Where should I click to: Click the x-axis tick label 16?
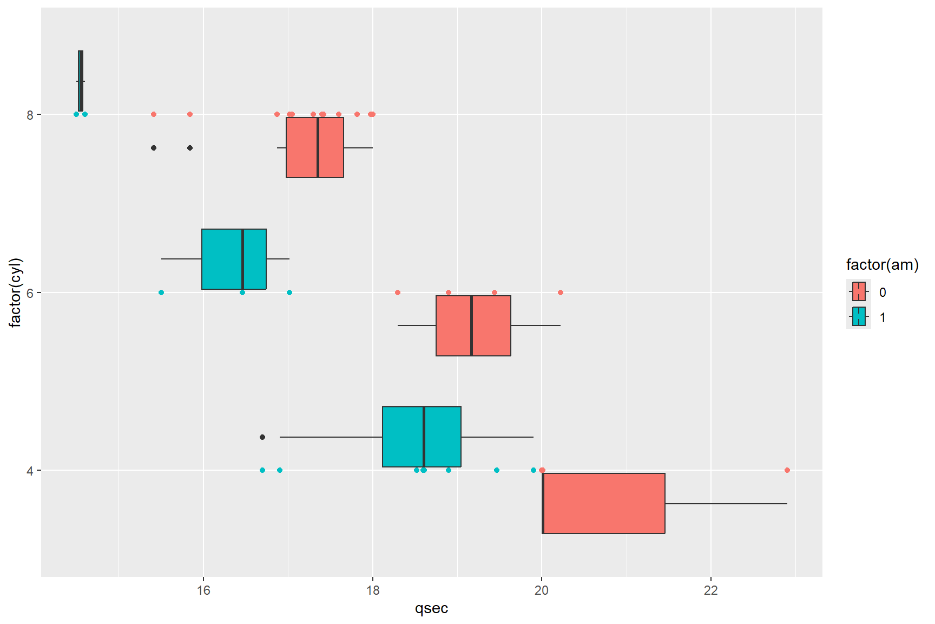(x=203, y=590)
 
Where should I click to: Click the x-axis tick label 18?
(x=372, y=590)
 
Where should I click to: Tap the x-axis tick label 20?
(x=542, y=590)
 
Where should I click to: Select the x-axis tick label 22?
(x=711, y=590)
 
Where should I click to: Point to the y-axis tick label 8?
(x=30, y=115)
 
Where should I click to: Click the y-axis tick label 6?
(x=30, y=292)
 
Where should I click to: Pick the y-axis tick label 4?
(x=30, y=470)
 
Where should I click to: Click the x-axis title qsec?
(x=431, y=608)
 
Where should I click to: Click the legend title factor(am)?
(x=882, y=265)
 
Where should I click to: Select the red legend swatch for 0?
(x=859, y=292)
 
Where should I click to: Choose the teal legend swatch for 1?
(x=859, y=317)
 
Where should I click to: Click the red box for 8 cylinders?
(x=315, y=147)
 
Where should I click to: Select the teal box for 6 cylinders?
(x=234, y=259)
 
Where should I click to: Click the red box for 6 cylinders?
(x=473, y=326)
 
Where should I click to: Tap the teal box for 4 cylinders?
(x=422, y=437)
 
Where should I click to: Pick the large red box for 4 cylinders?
(x=604, y=503)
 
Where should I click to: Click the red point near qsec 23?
(x=787, y=470)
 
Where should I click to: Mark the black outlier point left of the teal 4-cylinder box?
(x=262, y=437)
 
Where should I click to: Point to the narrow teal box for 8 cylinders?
(x=81, y=81)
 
